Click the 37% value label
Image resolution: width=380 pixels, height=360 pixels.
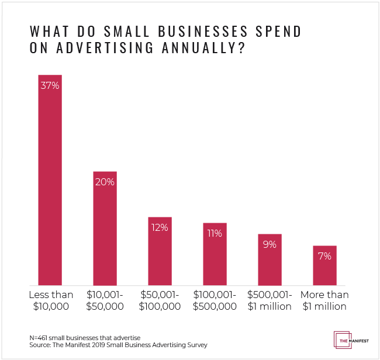coord(50,85)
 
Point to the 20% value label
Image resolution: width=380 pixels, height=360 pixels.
coord(105,182)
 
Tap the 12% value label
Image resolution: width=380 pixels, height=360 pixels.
coord(160,227)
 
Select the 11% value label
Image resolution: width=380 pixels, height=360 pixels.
coord(215,233)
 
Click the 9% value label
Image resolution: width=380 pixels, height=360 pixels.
coord(270,244)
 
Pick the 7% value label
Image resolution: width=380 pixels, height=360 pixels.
coord(324,256)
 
